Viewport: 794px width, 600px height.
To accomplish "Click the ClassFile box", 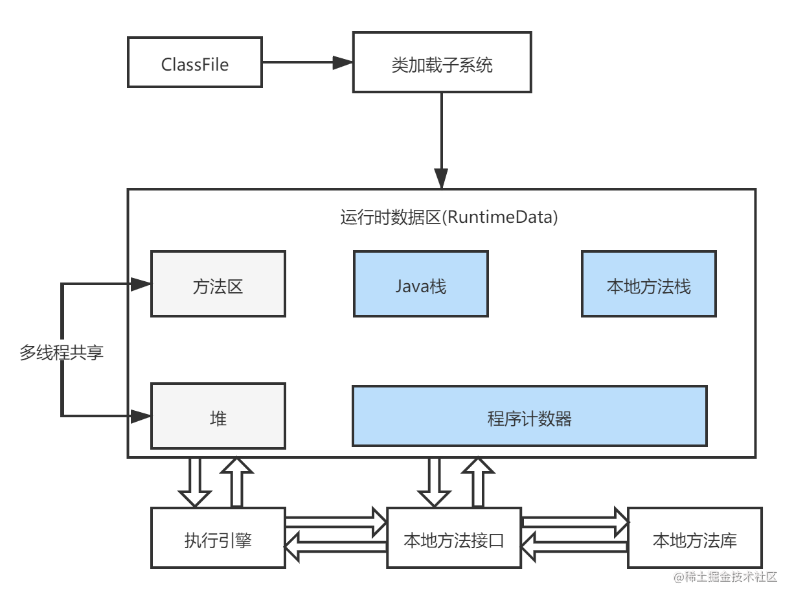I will pos(195,63).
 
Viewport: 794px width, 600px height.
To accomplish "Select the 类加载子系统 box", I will pos(442,63).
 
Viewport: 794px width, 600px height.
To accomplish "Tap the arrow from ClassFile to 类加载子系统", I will pos(307,63).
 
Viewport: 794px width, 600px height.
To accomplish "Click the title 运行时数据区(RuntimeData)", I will pos(449,217).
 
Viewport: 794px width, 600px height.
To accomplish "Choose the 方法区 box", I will pos(218,284).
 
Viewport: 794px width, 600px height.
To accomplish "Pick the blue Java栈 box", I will pos(420,284).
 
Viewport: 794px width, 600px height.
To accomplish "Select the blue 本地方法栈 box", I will pos(648,284).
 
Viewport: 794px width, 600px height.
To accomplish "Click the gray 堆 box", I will pos(218,417).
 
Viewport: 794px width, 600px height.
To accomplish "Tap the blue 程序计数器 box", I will pos(529,417).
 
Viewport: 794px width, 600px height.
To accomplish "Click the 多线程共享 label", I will pos(62,352).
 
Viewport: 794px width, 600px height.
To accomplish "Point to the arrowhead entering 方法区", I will pos(141,284).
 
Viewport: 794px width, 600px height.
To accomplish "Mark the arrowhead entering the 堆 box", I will pos(141,416).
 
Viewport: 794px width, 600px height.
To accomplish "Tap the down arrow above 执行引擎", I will pos(195,483).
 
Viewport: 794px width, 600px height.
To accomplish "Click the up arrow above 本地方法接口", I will pos(478,483).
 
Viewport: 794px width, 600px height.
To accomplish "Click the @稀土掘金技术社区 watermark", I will pos(723,575).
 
